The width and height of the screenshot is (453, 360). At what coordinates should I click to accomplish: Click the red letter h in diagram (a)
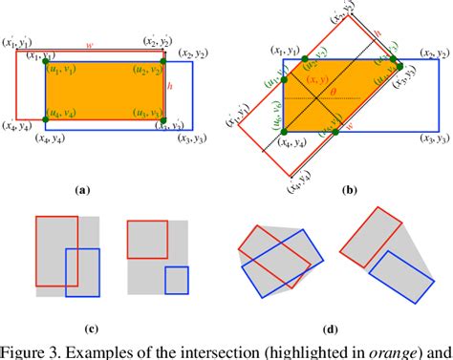170,86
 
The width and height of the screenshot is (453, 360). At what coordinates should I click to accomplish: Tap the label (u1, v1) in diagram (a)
64,70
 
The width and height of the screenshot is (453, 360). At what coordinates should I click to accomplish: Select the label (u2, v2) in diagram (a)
145,70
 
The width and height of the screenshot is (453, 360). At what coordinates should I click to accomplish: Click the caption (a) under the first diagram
83,189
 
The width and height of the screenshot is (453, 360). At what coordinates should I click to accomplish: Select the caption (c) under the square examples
91,330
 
